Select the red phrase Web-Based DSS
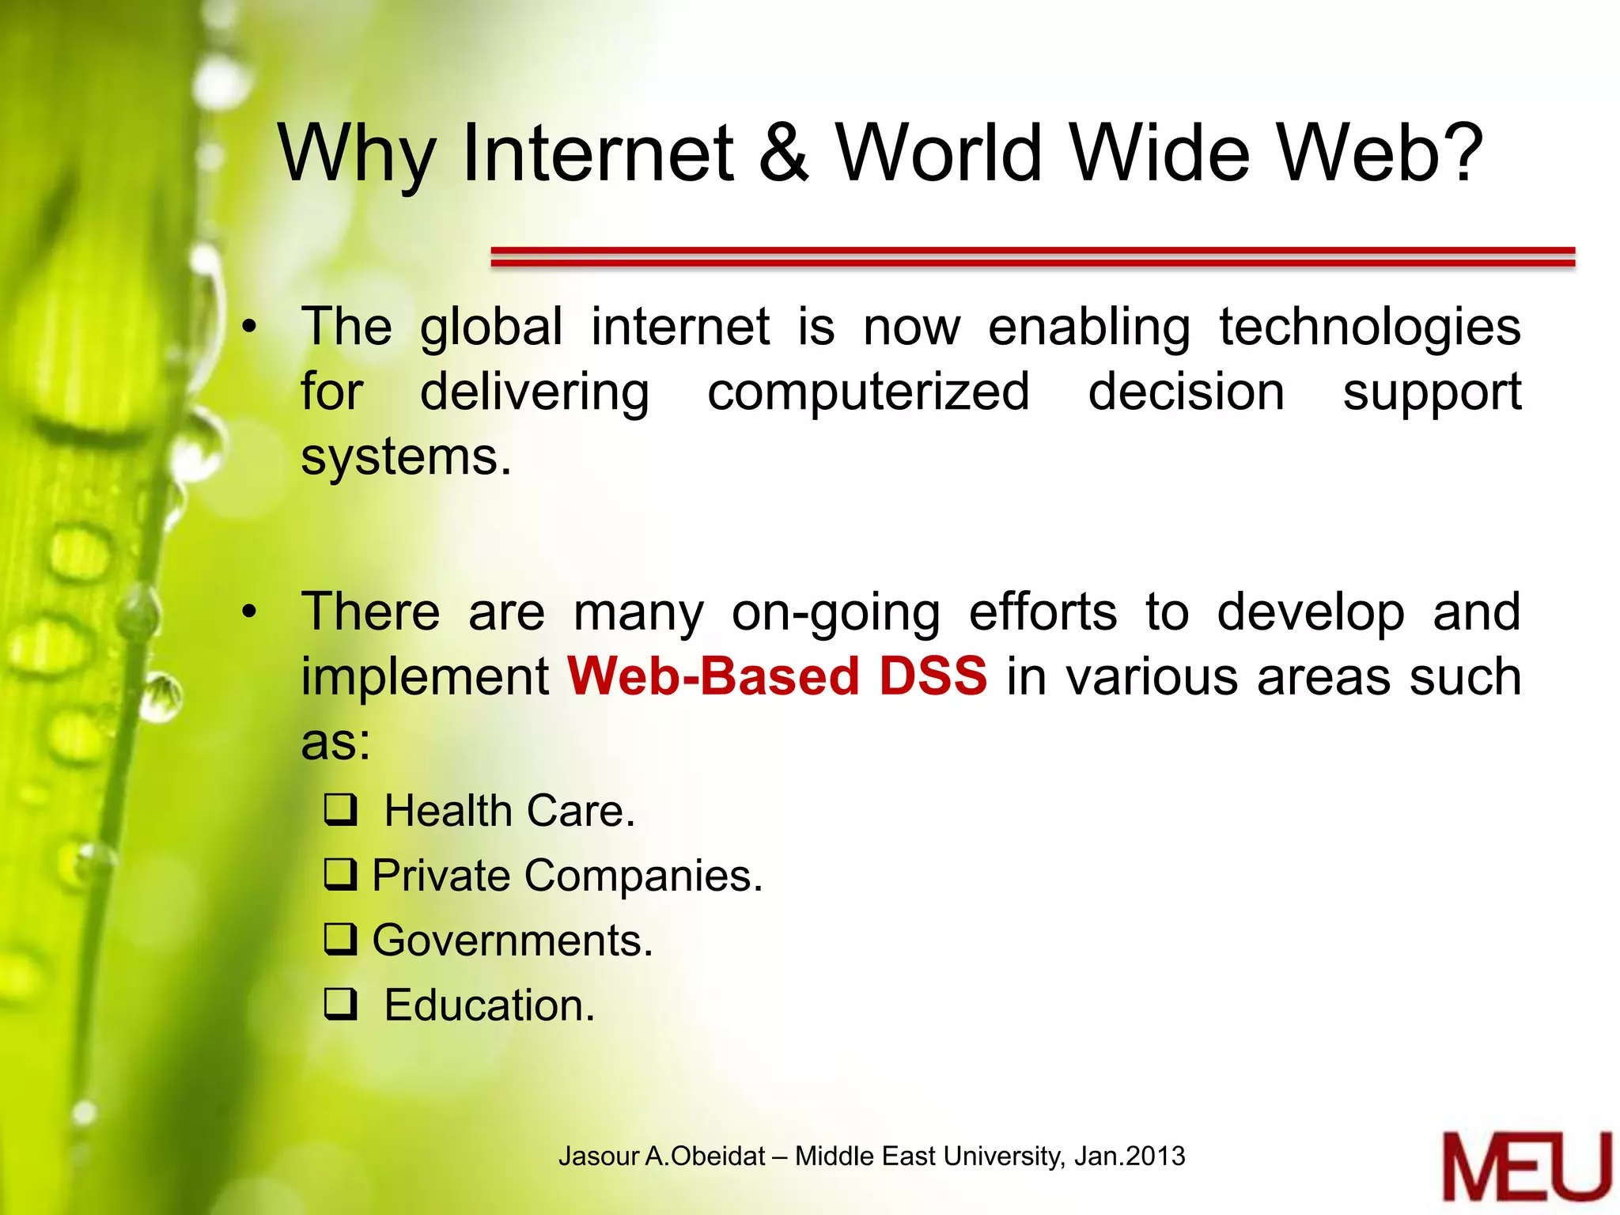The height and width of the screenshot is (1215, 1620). pos(777,677)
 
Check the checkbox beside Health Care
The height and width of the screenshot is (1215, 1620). pos(341,811)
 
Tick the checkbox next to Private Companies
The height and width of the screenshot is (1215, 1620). pos(341,876)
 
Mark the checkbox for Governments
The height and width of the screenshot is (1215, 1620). pos(341,941)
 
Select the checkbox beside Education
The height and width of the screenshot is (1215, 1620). pos(341,1005)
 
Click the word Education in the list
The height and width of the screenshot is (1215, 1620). pos(488,1006)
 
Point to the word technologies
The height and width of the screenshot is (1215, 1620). pos(1369,328)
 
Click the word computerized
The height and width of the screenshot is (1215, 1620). pos(868,393)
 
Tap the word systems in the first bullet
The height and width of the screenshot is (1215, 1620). pos(405,458)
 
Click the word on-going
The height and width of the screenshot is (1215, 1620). pos(835,614)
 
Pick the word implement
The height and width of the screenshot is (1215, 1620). pos(425,679)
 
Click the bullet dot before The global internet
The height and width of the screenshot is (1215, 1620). pos(250,327)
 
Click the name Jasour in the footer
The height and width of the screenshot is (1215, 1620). pos(598,1156)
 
